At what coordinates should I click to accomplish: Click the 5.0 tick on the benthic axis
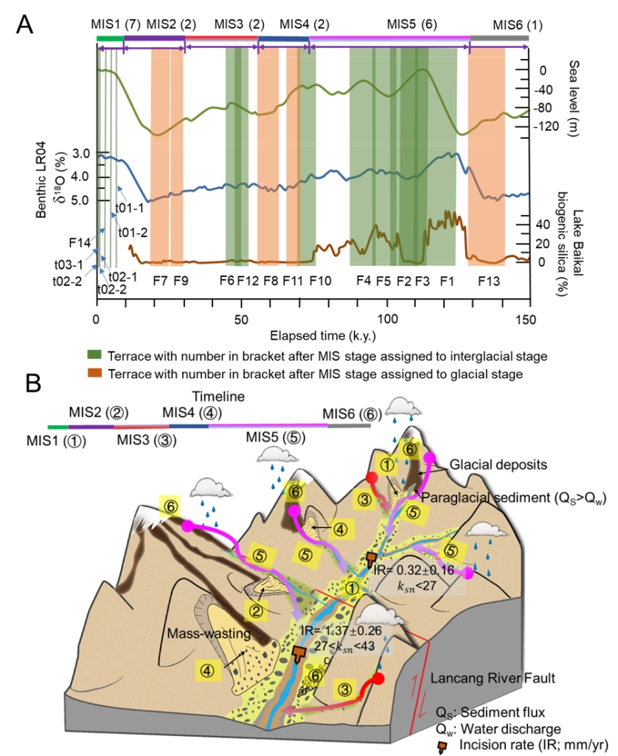(x=77, y=199)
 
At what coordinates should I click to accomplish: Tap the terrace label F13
(x=488, y=281)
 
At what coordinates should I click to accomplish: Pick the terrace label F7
(x=159, y=281)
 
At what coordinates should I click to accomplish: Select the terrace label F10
(x=320, y=281)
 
